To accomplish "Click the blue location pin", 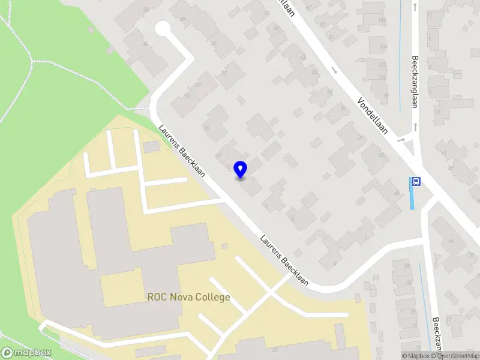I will point(241,169).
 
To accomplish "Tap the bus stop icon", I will point(415,181).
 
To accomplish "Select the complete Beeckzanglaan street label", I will point(415,82).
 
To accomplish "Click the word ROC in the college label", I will point(156,297).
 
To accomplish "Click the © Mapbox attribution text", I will point(416,356).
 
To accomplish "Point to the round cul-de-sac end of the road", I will point(163,28).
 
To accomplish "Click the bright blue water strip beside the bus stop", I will point(412,198).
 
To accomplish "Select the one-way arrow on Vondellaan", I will point(334,70).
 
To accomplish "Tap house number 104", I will point(382,46).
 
